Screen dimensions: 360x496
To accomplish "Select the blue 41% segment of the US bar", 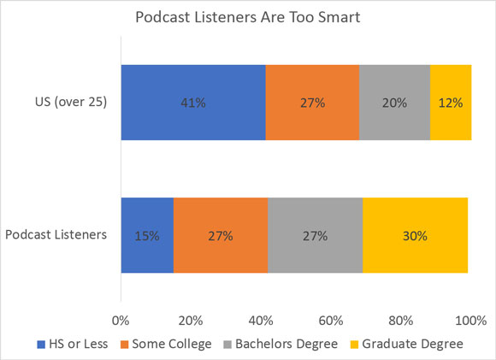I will click(192, 103).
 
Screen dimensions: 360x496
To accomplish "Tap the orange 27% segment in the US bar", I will click(312, 103).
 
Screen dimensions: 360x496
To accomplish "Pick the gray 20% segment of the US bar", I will click(394, 103).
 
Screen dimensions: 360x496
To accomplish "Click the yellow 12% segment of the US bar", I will click(451, 103).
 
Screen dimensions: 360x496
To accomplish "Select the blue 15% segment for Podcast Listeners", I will click(147, 235).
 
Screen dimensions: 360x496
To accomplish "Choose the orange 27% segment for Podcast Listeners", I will click(221, 235).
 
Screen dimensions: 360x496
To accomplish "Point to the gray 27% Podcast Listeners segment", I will click(315, 235).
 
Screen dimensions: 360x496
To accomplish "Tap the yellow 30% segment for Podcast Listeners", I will click(415, 235).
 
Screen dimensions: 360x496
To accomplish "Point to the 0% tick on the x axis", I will click(121, 321).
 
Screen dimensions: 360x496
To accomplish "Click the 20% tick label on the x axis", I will click(191, 321).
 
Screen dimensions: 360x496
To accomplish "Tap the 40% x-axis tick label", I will click(261, 321).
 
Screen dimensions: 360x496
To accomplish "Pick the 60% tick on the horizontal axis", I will click(331, 321).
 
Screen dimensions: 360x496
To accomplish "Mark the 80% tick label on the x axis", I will click(401, 321).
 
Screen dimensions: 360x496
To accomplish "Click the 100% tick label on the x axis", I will click(469, 321).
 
